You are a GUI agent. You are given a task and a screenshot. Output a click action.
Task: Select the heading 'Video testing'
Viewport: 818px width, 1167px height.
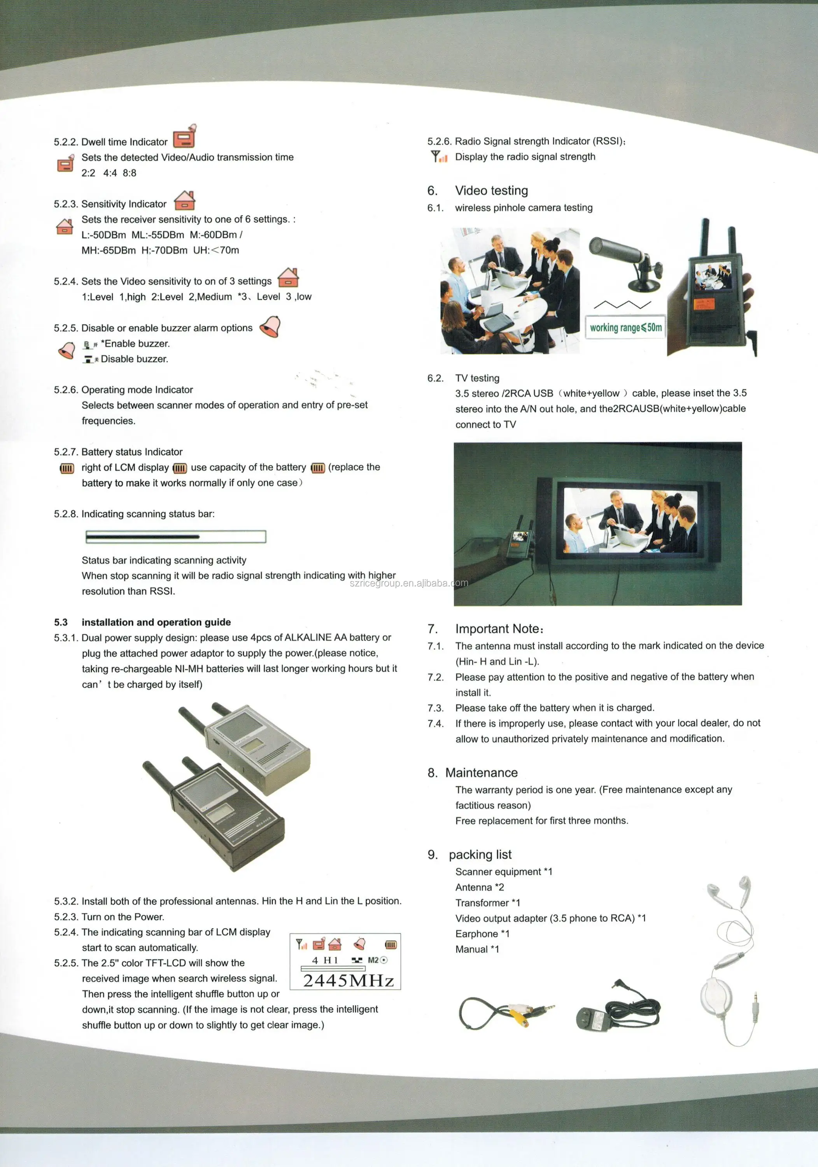click(491, 191)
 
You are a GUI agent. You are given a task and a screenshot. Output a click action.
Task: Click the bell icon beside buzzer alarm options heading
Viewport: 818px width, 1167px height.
click(270, 326)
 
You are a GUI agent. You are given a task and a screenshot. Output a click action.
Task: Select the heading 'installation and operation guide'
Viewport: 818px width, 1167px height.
click(156, 622)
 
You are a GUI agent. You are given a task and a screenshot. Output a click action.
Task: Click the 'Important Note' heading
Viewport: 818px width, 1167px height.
click(498, 629)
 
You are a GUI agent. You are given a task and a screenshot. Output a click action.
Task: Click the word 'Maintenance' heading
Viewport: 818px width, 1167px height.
click(482, 773)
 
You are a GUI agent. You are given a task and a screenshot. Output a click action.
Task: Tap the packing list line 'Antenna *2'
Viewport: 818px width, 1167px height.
click(480, 887)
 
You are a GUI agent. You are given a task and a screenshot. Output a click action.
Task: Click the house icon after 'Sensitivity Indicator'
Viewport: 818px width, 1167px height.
click(184, 201)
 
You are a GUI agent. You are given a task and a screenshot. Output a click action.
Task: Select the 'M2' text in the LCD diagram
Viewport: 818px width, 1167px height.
click(373, 960)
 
